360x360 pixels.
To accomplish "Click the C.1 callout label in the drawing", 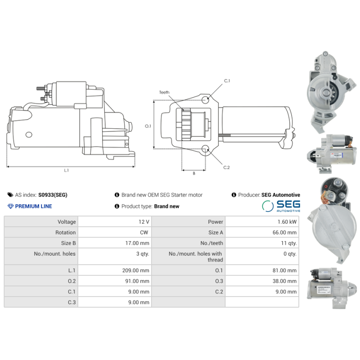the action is (227, 81).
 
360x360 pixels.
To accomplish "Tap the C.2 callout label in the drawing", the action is (226, 167).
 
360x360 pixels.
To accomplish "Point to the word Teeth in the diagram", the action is (164, 92).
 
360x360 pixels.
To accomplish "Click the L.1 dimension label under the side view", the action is (66, 171).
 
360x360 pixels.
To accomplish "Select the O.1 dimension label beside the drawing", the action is (148, 126).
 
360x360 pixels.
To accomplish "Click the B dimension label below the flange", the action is (194, 173).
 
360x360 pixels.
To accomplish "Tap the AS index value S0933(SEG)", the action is (53, 195).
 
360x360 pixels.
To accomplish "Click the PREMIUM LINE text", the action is (33, 206).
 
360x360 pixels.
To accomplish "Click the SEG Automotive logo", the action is (281, 206).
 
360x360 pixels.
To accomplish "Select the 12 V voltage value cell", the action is (115, 222).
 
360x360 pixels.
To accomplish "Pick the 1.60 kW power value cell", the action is (262, 222).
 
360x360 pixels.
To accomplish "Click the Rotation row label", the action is (65, 232).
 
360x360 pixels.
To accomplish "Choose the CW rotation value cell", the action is (115, 232).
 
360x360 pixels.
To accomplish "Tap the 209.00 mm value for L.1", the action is (136, 270).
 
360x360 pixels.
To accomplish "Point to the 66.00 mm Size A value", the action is (284, 232).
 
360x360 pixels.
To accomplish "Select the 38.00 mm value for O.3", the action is (284, 281).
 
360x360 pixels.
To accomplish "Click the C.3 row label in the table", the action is (72, 302).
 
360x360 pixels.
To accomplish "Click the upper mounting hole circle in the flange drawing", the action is (205, 100).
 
